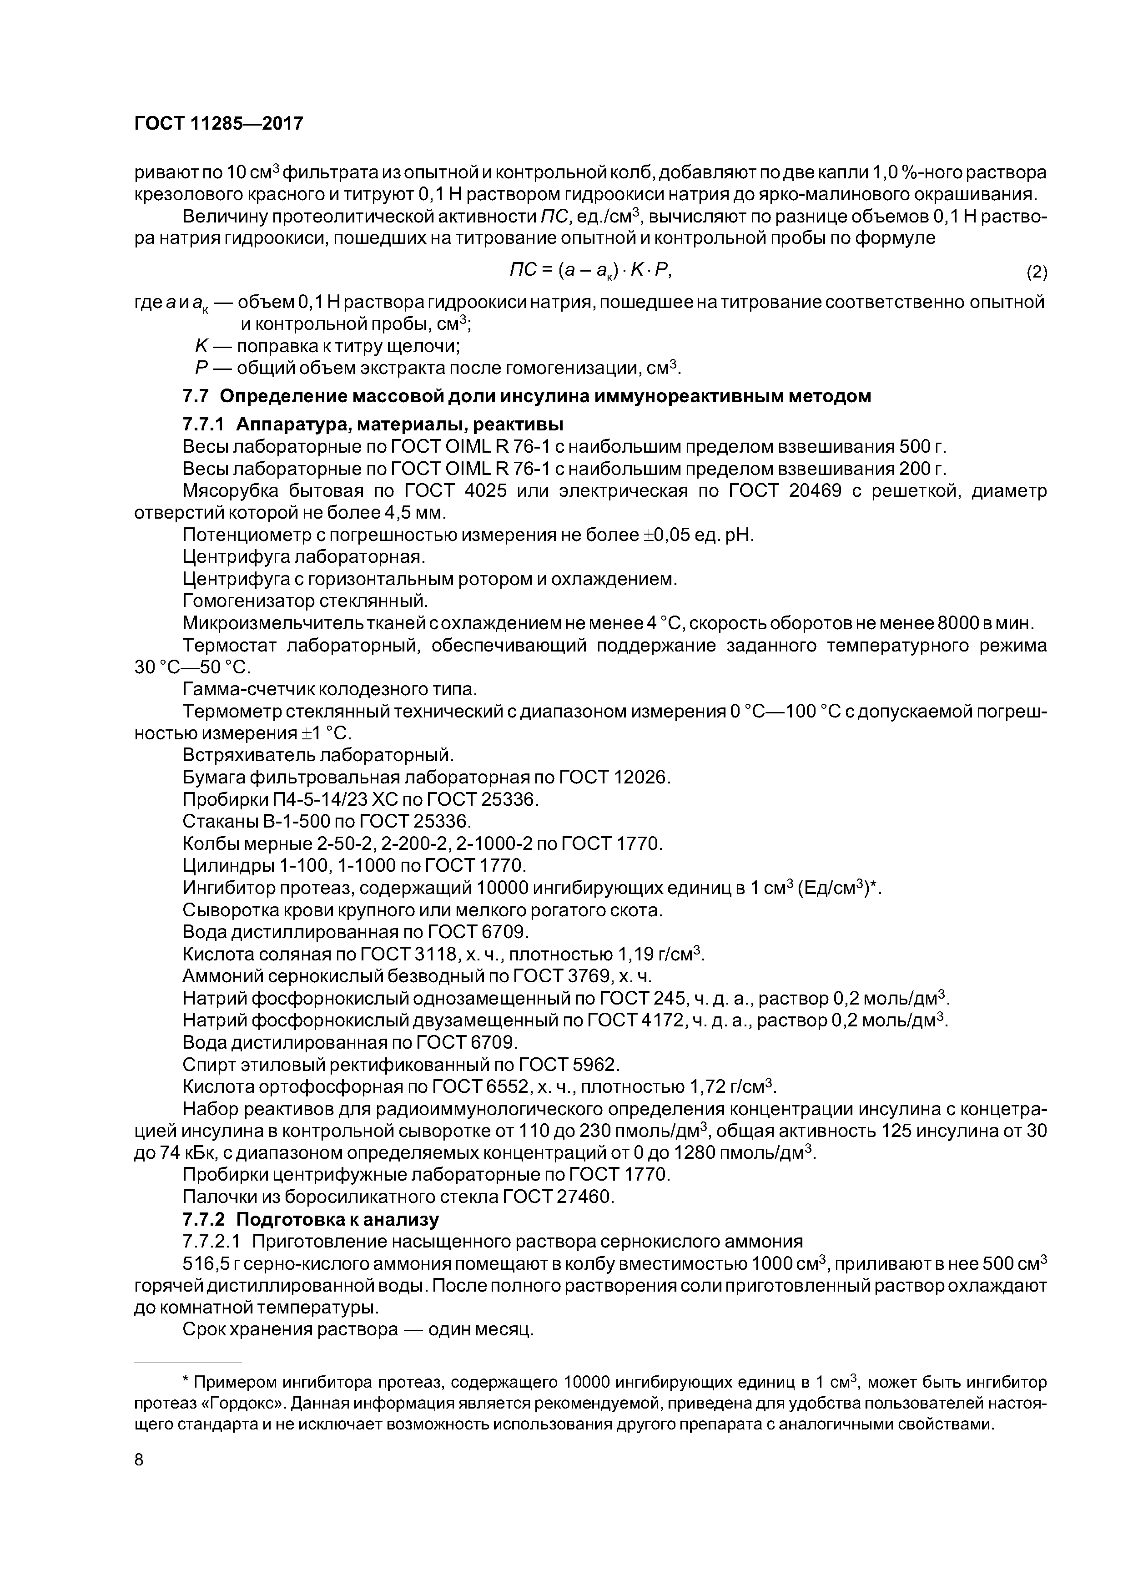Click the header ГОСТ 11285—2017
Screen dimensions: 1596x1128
pos(218,124)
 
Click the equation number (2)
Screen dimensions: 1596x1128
pos(1036,272)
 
